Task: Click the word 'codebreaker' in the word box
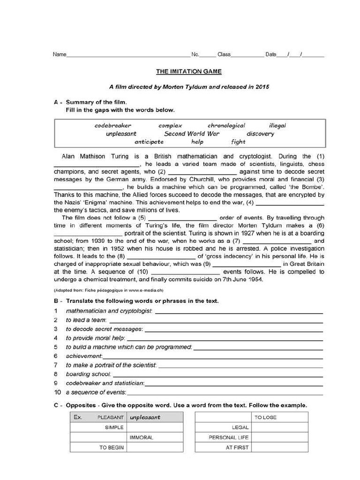pyautogui.click(x=112, y=126)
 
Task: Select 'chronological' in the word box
pyautogui.click(x=226, y=126)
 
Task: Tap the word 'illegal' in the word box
pyautogui.click(x=277, y=126)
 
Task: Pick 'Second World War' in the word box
pyautogui.click(x=191, y=134)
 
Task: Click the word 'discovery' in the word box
pyautogui.click(x=260, y=134)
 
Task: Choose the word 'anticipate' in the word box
pyautogui.click(x=149, y=142)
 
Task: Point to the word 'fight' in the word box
pyautogui.click(x=238, y=142)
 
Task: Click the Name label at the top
pyautogui.click(x=60, y=54)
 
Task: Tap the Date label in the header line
pyautogui.click(x=271, y=54)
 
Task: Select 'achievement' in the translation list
pyautogui.click(x=84, y=356)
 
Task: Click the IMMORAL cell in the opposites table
pyautogui.click(x=141, y=437)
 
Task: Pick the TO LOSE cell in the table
pyautogui.click(x=265, y=417)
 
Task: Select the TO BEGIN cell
pyautogui.click(x=111, y=448)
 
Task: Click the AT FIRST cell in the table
pyautogui.click(x=237, y=448)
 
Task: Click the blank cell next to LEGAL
pyautogui.click(x=280, y=427)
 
